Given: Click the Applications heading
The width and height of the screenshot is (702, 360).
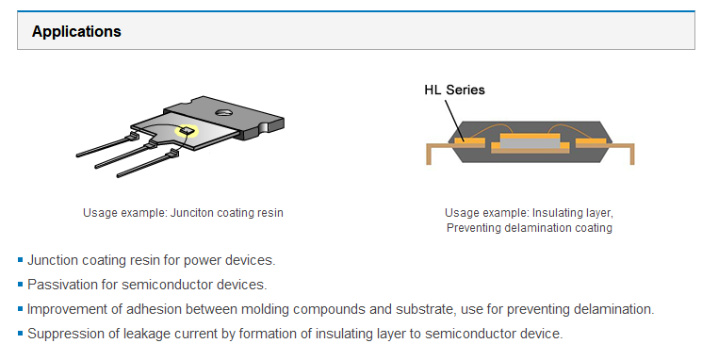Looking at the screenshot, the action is pos(76,31).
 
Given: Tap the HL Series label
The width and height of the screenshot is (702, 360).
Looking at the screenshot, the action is pos(454,90).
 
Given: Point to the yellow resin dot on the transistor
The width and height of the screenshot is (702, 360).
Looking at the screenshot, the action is pos(187,131).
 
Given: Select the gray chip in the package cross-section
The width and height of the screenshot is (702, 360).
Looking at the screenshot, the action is pos(531,143).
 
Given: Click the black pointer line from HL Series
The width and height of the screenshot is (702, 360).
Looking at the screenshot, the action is pos(455,121).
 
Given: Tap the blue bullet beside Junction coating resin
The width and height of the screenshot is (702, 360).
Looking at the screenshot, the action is pos(20,260).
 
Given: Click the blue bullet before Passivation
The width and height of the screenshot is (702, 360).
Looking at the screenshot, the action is pos(20,284).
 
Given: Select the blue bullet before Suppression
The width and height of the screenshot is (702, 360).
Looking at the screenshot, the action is pos(20,333).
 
